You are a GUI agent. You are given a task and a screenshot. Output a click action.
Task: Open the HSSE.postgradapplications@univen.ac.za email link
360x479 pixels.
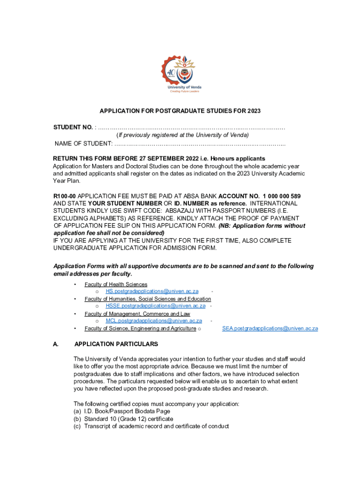click(155, 306)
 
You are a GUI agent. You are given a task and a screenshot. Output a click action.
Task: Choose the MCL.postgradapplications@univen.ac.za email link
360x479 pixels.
click(154, 321)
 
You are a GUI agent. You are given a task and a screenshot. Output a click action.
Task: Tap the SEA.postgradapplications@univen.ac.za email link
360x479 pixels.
click(270, 328)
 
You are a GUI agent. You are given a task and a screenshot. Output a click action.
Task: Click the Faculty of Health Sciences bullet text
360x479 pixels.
click(116, 284)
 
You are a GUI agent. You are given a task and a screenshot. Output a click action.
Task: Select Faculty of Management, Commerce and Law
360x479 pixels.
click(137, 314)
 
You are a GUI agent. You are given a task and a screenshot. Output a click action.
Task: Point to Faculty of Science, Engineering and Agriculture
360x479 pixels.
click(140, 328)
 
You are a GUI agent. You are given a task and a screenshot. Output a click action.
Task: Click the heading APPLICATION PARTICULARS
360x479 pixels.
click(116, 344)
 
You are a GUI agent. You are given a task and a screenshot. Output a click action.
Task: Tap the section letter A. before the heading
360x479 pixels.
click(56, 344)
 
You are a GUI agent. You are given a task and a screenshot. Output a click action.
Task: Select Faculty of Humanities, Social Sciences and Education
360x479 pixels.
click(148, 299)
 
